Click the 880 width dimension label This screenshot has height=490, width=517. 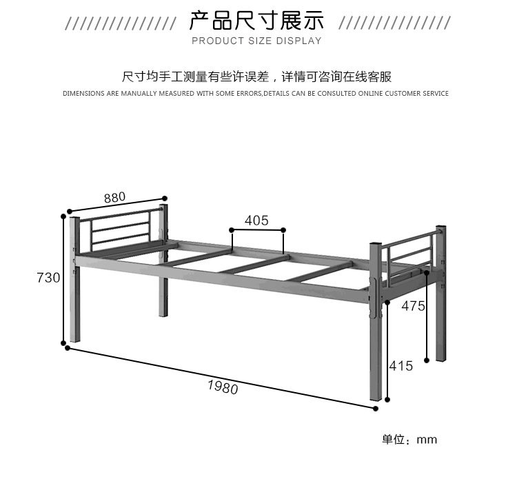click(115, 197)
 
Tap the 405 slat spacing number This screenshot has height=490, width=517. click(256, 221)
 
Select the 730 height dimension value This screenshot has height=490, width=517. click(48, 278)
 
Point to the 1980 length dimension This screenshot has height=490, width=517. click(223, 387)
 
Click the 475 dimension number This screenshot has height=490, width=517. click(413, 306)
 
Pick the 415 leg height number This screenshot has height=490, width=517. click(401, 366)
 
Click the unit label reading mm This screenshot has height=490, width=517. click(427, 440)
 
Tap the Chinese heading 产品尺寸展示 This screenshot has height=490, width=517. click(256, 21)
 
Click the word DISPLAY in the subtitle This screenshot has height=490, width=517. click(299, 41)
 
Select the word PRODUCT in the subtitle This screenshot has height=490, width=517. click(213, 41)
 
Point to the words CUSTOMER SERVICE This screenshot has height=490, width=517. click(416, 94)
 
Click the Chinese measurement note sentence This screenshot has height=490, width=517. click(256, 76)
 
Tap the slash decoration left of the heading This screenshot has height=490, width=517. click(121, 23)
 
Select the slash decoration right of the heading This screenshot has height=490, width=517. click(395, 23)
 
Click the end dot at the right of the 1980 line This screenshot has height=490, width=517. click(376, 409)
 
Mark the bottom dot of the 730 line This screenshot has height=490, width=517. click(63, 342)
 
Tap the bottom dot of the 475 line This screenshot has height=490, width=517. click(428, 359)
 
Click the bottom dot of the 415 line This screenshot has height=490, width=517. click(388, 399)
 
